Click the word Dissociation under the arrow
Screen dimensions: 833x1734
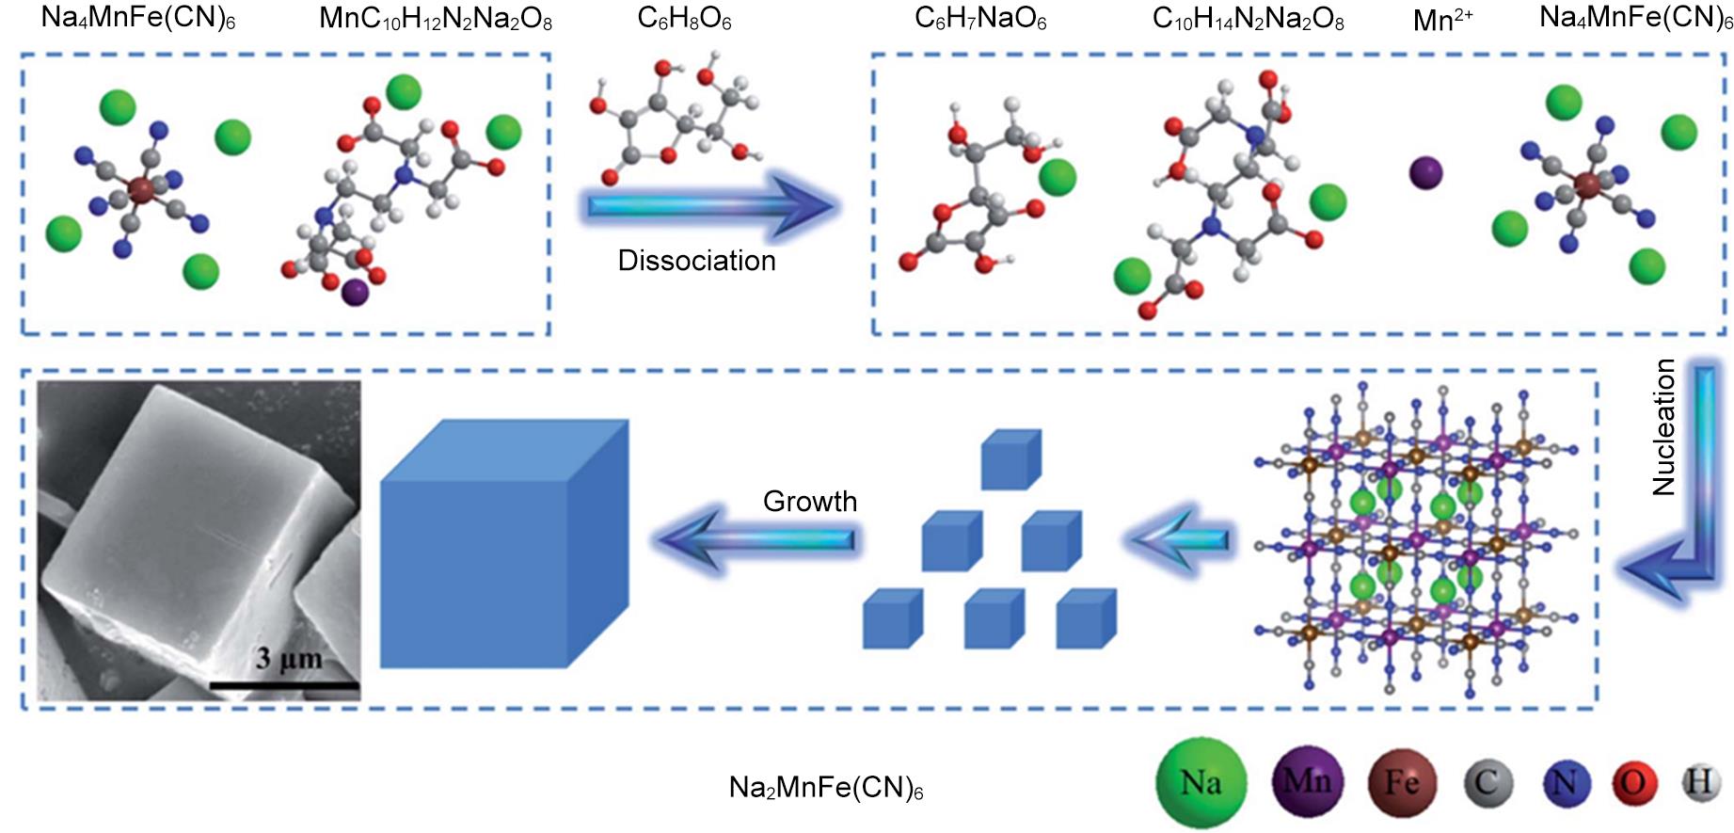[x=696, y=261]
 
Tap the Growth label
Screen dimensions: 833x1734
[x=809, y=502]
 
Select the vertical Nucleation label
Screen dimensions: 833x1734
[x=1664, y=427]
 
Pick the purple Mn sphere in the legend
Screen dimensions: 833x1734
[x=1307, y=781]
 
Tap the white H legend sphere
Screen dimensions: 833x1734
[x=1700, y=782]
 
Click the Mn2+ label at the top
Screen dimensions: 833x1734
[x=1442, y=20]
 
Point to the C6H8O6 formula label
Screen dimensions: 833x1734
[x=684, y=19]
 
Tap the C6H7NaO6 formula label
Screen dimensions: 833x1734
[x=980, y=19]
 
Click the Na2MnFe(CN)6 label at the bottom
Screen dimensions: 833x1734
[x=826, y=788]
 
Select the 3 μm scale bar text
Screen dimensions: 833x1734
[x=288, y=658]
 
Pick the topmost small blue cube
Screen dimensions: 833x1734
[x=1010, y=459]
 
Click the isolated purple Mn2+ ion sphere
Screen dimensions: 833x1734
[x=1425, y=173]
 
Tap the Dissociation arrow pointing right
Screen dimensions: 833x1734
[x=710, y=206]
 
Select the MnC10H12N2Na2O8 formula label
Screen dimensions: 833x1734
[x=436, y=19]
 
